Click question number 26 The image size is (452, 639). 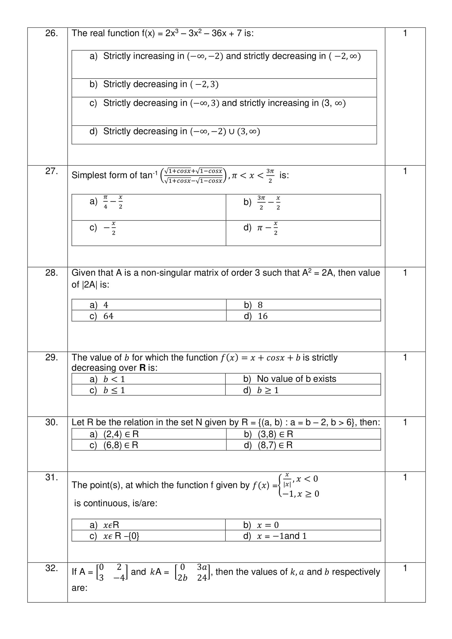click(x=51, y=33)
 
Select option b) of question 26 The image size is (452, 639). click(x=154, y=84)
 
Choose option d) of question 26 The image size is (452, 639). click(x=175, y=131)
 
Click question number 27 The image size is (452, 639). click(x=51, y=171)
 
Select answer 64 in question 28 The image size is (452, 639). click(x=102, y=316)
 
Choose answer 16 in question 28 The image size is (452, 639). click(x=256, y=316)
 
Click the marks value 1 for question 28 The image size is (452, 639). click(x=405, y=273)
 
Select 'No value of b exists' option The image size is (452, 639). click(x=290, y=379)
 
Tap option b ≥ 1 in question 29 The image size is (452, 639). click(x=261, y=390)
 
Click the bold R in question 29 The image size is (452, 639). click(x=143, y=368)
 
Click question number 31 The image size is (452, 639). click(x=51, y=477)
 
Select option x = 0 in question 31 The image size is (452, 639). click(x=261, y=525)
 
